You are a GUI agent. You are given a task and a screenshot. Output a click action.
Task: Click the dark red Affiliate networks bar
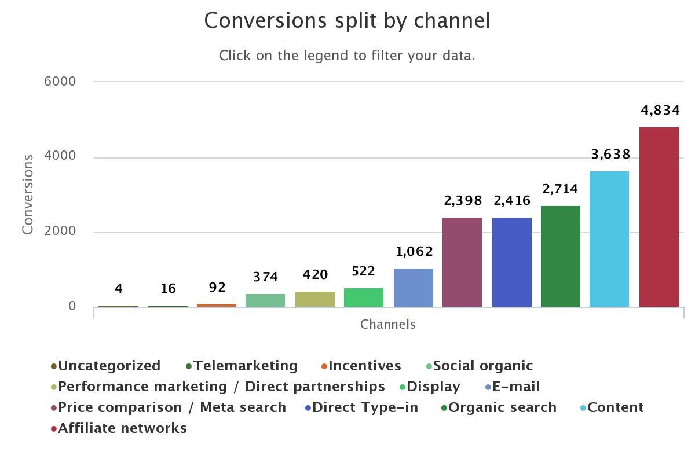tap(659, 217)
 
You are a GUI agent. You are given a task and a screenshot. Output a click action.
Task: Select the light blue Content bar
tap(609, 238)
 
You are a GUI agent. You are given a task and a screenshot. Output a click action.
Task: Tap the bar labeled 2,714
tap(560, 256)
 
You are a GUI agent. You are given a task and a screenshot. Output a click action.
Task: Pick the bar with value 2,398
tap(462, 262)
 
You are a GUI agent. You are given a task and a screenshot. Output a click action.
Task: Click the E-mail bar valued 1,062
tap(413, 287)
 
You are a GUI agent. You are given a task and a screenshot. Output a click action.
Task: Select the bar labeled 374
tap(265, 300)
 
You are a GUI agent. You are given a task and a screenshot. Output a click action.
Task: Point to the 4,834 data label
tap(660, 110)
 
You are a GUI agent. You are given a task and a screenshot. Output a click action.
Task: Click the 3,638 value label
tap(610, 155)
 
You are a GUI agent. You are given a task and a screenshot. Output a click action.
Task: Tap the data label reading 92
tap(217, 288)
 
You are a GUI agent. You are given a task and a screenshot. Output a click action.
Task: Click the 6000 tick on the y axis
tap(60, 82)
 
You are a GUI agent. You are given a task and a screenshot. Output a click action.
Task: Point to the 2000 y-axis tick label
tap(60, 231)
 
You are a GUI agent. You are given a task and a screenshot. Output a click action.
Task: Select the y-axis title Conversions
tap(28, 194)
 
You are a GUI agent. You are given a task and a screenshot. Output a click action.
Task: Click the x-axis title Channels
tap(388, 325)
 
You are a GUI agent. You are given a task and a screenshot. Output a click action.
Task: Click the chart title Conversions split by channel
tap(348, 21)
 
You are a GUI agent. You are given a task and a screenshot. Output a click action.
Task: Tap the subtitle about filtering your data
tap(347, 56)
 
